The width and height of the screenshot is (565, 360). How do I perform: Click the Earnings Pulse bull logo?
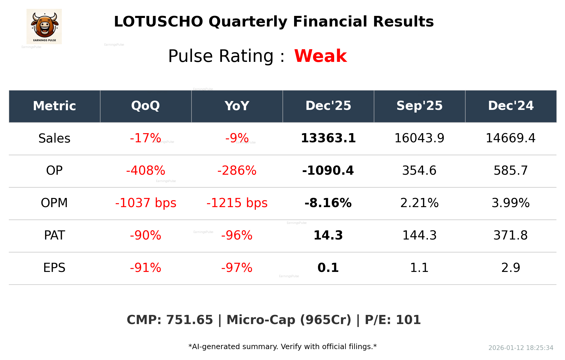point(44,26)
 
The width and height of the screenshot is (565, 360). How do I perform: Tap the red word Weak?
point(320,56)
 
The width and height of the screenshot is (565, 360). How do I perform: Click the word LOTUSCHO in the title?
point(158,22)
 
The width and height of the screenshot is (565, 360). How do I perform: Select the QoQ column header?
point(145,106)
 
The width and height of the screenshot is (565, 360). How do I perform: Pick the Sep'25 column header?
point(419,106)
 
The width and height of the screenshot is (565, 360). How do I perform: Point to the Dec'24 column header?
point(511,106)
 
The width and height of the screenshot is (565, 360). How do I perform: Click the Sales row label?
point(54,138)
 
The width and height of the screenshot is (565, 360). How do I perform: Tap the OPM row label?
point(54,203)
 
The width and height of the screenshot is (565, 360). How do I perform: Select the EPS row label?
point(54,268)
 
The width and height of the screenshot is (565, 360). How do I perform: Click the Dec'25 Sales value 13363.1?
point(328,138)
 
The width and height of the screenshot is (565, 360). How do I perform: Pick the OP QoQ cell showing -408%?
point(145,171)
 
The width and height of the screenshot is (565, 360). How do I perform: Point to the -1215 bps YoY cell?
point(237,203)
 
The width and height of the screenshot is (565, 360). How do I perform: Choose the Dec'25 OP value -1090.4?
point(328,171)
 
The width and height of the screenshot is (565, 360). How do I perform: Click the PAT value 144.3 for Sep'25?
point(419,235)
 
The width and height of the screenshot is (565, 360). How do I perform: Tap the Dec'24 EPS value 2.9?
point(511,268)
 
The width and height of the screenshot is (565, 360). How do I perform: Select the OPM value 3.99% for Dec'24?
point(511,203)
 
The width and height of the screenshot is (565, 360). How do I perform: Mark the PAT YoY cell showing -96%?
point(237,235)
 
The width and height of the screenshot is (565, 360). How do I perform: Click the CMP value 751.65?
point(189,320)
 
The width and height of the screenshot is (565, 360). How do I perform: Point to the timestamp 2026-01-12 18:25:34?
point(521,348)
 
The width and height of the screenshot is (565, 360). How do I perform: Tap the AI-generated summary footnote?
point(282,347)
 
